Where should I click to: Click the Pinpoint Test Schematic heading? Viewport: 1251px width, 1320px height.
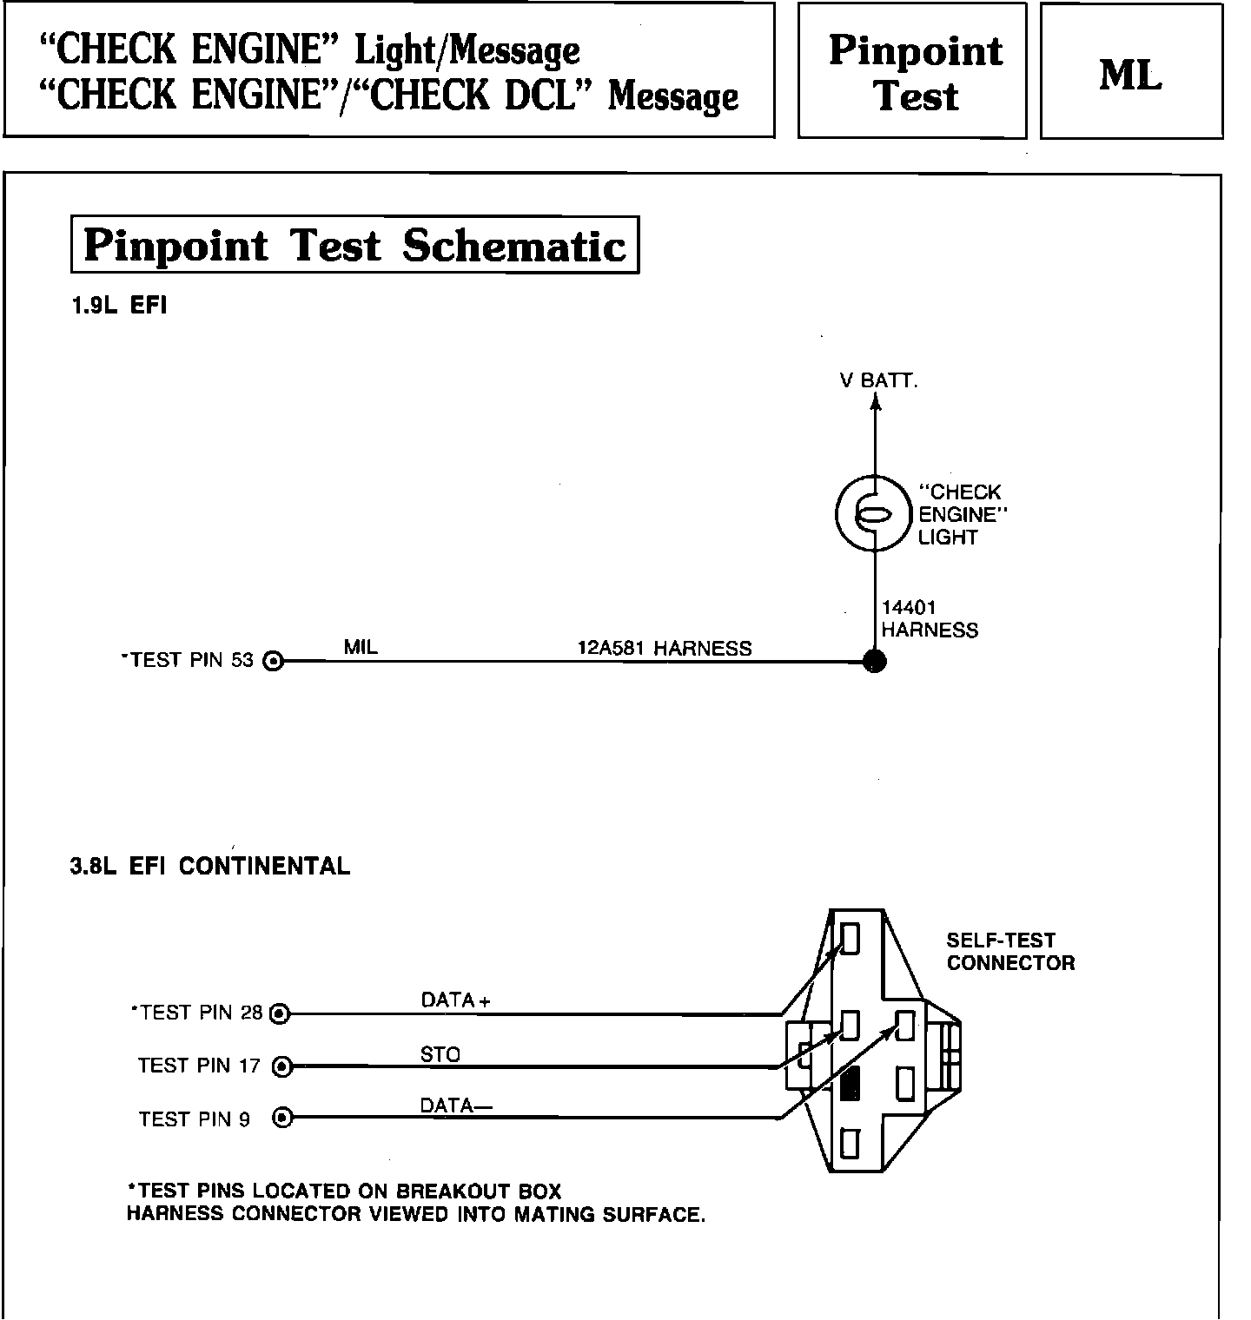354,245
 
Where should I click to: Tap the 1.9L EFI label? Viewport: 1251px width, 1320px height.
119,306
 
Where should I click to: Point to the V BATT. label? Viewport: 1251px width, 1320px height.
878,380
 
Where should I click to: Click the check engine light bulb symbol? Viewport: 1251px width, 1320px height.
875,514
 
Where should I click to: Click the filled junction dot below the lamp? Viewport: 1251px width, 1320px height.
875,662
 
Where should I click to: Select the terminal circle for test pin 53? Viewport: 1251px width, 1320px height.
274,662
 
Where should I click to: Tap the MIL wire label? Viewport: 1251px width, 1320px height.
361,647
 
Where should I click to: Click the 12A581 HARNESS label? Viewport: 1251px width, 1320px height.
665,648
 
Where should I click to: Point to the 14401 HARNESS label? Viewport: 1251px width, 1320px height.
929,618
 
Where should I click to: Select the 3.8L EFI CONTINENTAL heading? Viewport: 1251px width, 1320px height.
210,866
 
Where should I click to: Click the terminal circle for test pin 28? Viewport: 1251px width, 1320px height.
280,1013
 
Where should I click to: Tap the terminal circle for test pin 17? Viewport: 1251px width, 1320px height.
281,1066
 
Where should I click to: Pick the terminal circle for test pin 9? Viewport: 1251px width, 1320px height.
281,1118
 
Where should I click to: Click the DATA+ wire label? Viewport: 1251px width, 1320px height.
455,1000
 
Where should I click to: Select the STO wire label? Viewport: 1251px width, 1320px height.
440,1054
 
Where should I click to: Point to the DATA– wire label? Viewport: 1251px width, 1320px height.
456,1105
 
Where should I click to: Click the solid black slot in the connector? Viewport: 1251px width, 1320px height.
851,1083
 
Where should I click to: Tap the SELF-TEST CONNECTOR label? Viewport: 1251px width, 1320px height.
1010,951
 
